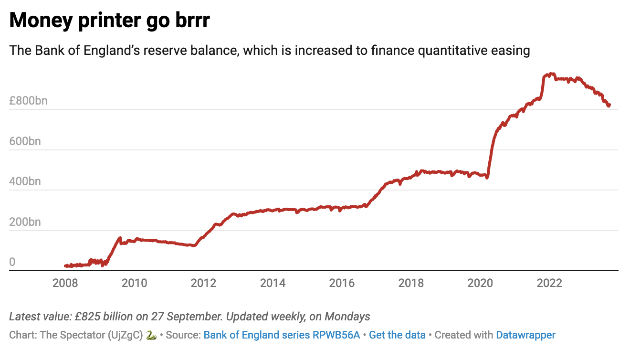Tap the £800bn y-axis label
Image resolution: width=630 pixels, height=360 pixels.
[28, 101]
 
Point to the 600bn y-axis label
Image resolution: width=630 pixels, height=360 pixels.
[28, 141]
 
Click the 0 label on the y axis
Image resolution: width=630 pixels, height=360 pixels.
[12, 262]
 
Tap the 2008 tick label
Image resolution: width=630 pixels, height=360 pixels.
[65, 283]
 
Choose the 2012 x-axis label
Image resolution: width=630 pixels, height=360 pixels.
[204, 283]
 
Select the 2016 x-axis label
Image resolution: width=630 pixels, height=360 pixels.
[342, 283]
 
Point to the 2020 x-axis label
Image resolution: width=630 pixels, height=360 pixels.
[480, 283]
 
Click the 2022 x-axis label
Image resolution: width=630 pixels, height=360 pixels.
[549, 283]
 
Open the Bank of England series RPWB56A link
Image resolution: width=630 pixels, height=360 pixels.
[282, 335]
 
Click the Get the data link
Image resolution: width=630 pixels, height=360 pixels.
[397, 335]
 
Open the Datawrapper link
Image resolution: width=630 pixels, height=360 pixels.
[525, 335]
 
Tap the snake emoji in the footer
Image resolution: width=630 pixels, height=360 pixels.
[151, 335]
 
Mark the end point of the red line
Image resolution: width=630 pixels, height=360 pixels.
[609, 105]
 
